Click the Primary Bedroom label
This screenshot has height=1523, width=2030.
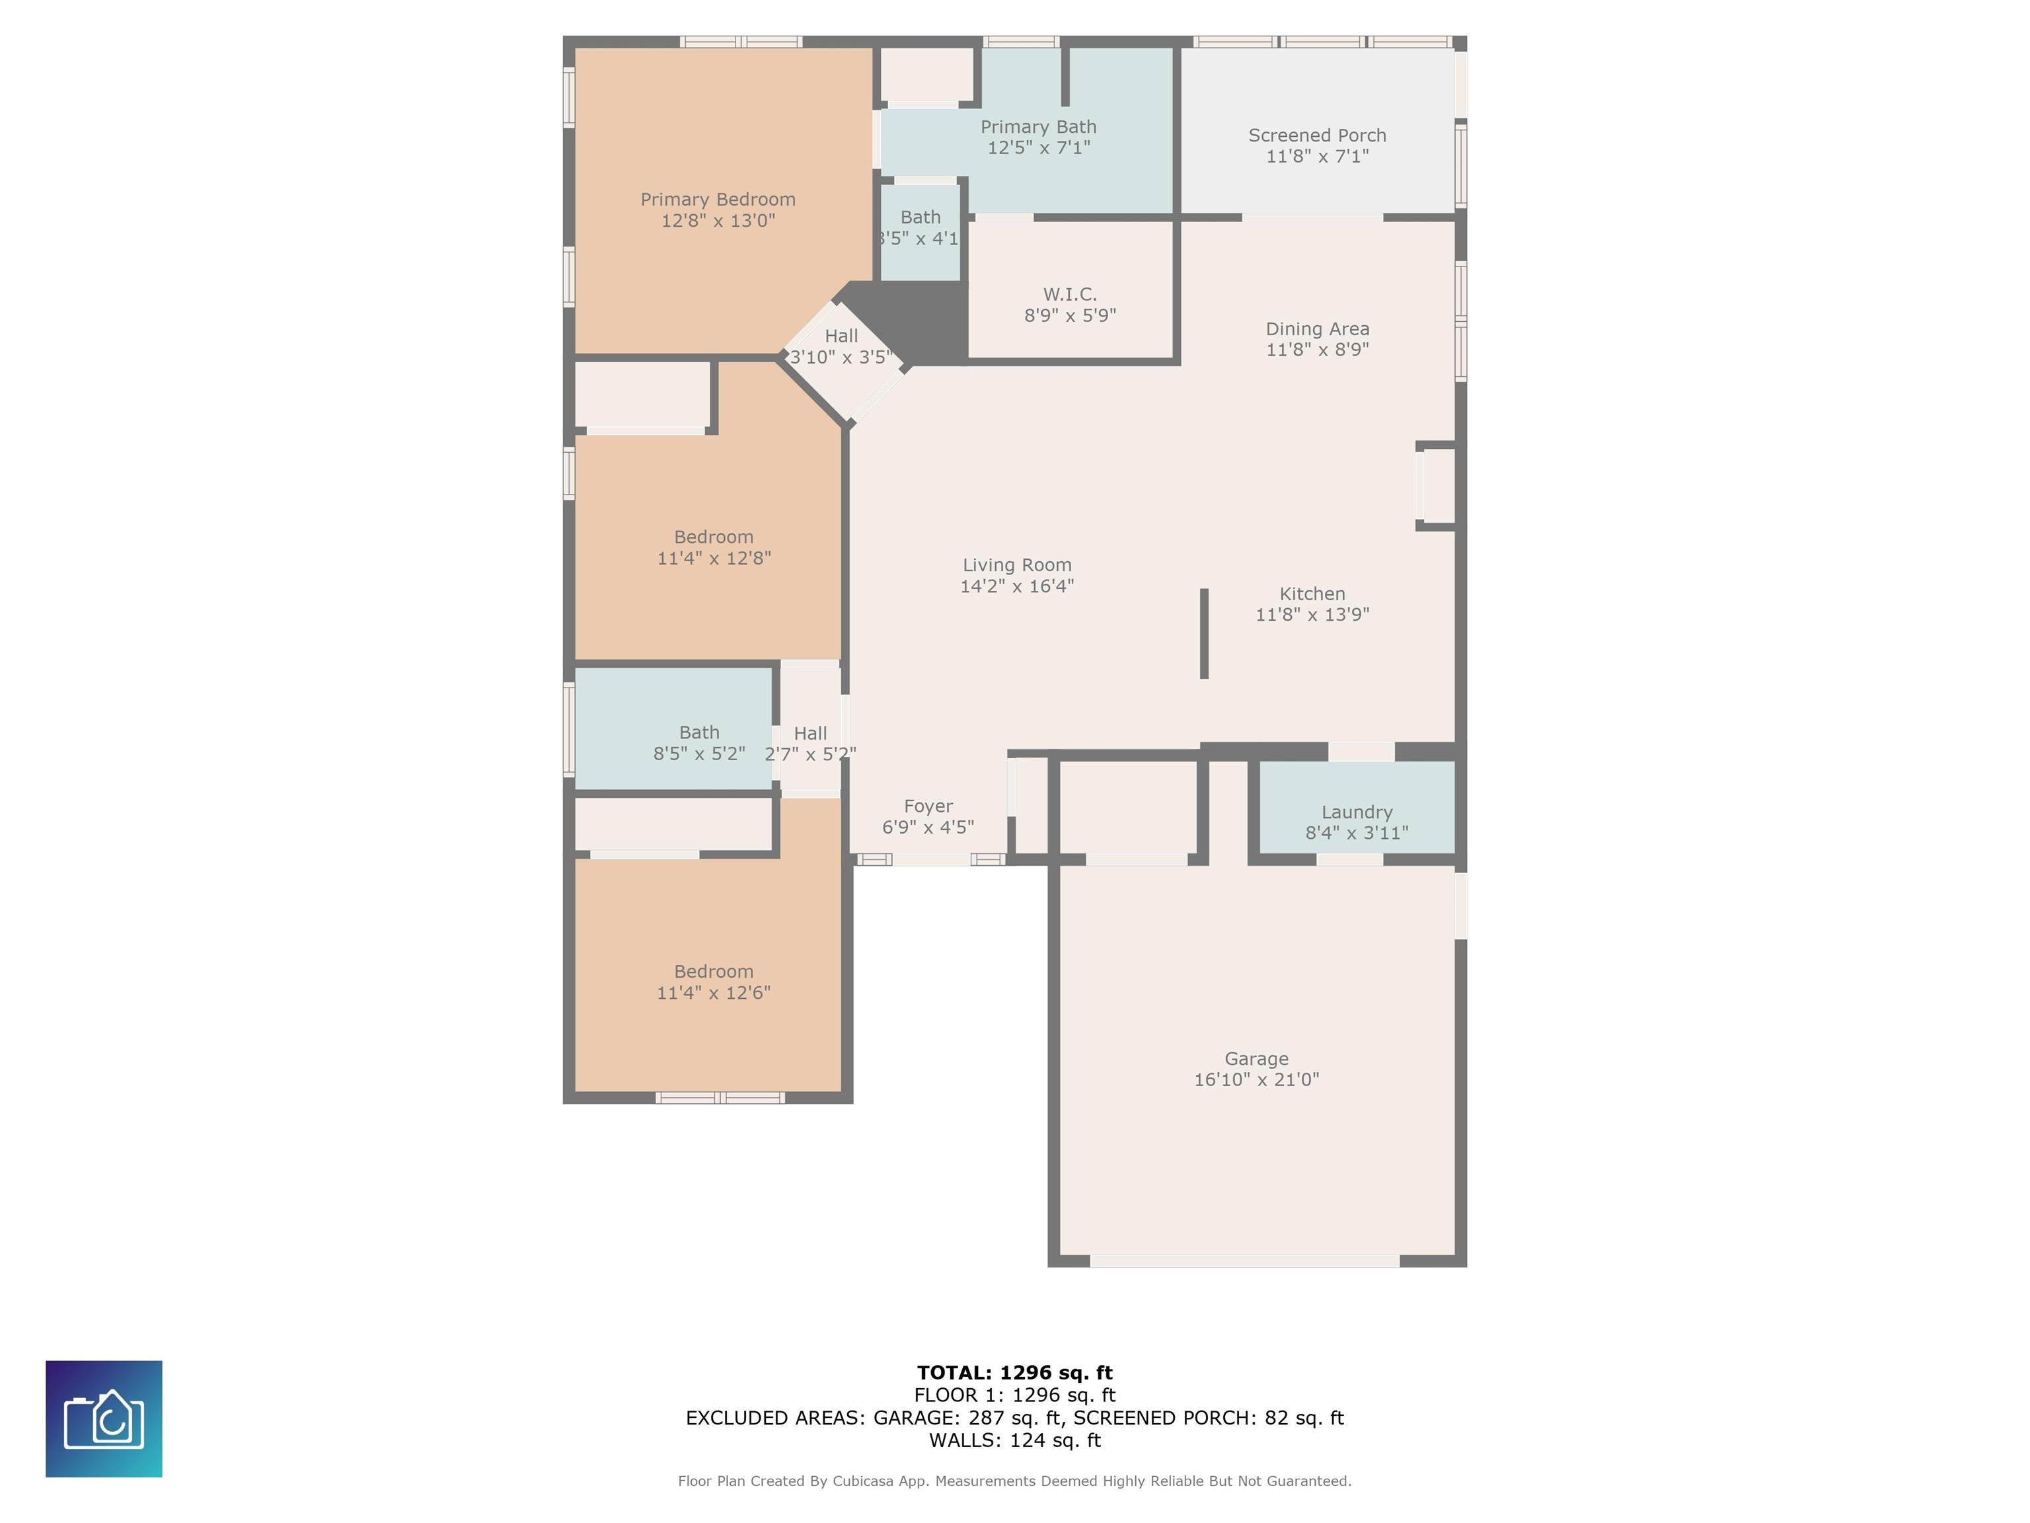coord(718,199)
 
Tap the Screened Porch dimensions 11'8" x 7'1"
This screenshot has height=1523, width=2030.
coord(1317,156)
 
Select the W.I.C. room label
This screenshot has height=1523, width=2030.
coord(1070,293)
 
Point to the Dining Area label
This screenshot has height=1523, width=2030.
coord(1317,329)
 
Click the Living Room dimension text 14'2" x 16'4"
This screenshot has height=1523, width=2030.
coord(1017,586)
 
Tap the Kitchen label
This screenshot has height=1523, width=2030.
coord(1312,594)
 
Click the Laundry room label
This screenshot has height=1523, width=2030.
coord(1357,812)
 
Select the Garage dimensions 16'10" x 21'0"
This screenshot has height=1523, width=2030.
coord(1256,1079)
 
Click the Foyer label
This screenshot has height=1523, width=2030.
coord(928,806)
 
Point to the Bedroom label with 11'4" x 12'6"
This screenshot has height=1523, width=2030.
coord(713,971)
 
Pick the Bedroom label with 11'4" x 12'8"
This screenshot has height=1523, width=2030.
coord(713,537)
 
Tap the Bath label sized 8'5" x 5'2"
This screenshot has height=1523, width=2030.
coord(699,732)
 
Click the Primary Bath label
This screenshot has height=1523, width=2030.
coord(1038,127)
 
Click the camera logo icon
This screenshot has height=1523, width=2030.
coord(104,1419)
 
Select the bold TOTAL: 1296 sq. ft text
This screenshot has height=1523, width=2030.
coord(1014,1372)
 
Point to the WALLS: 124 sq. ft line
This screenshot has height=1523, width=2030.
coord(1014,1440)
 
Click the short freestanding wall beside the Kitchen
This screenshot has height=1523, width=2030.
coord(1204,633)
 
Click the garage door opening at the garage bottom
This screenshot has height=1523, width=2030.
coord(1244,1261)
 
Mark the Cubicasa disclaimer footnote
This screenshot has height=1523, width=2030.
coord(1014,1481)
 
